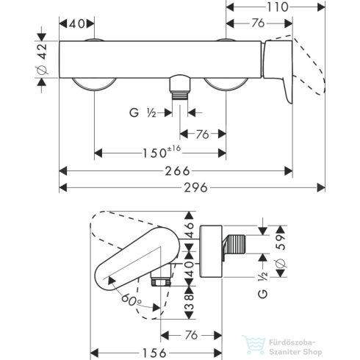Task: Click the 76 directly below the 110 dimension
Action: click(x=255, y=23)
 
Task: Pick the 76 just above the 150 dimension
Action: click(x=203, y=133)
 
